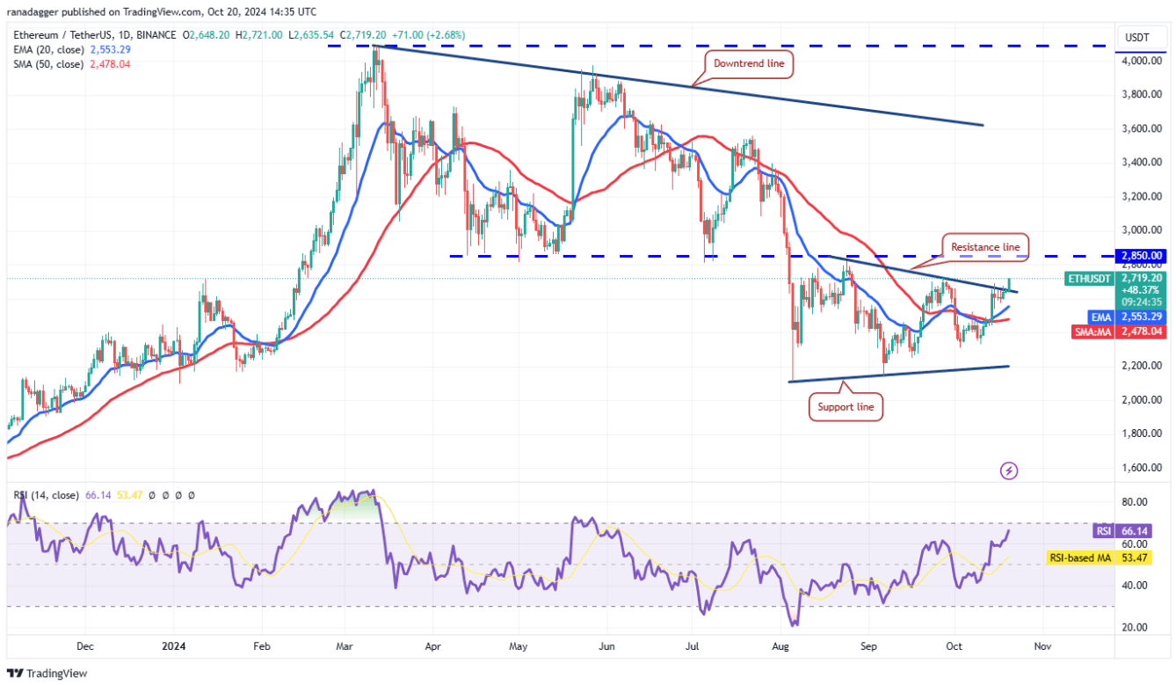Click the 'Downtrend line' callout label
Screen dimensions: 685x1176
click(749, 63)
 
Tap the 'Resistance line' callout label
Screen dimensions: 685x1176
click(984, 247)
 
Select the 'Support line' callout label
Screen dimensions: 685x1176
click(845, 407)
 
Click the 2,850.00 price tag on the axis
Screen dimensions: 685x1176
click(1141, 256)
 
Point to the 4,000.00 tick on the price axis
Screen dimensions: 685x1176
click(1140, 61)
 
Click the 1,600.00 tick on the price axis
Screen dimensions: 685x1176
click(1140, 468)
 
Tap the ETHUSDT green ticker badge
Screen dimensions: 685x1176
click(1093, 279)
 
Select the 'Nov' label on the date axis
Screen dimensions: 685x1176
click(1041, 646)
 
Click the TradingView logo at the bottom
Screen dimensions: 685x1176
click(49, 673)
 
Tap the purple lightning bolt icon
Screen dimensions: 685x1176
click(1009, 471)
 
